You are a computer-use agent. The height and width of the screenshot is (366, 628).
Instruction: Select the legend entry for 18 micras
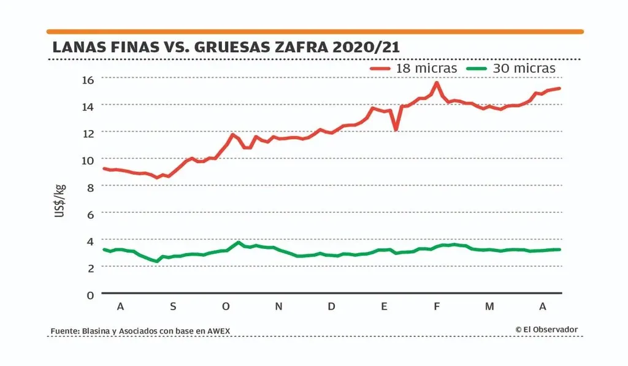click(x=414, y=69)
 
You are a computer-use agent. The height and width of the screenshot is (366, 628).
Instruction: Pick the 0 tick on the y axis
click(x=90, y=294)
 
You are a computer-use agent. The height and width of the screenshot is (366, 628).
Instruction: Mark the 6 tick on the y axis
click(x=90, y=213)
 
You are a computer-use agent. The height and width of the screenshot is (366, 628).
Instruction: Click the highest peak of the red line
click(x=437, y=83)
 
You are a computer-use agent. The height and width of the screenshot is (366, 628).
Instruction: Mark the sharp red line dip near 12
click(x=396, y=129)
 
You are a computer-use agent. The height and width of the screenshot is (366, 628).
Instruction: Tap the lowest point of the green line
click(x=157, y=261)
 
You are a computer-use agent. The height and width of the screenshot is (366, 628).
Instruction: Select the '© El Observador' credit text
click(x=546, y=330)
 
